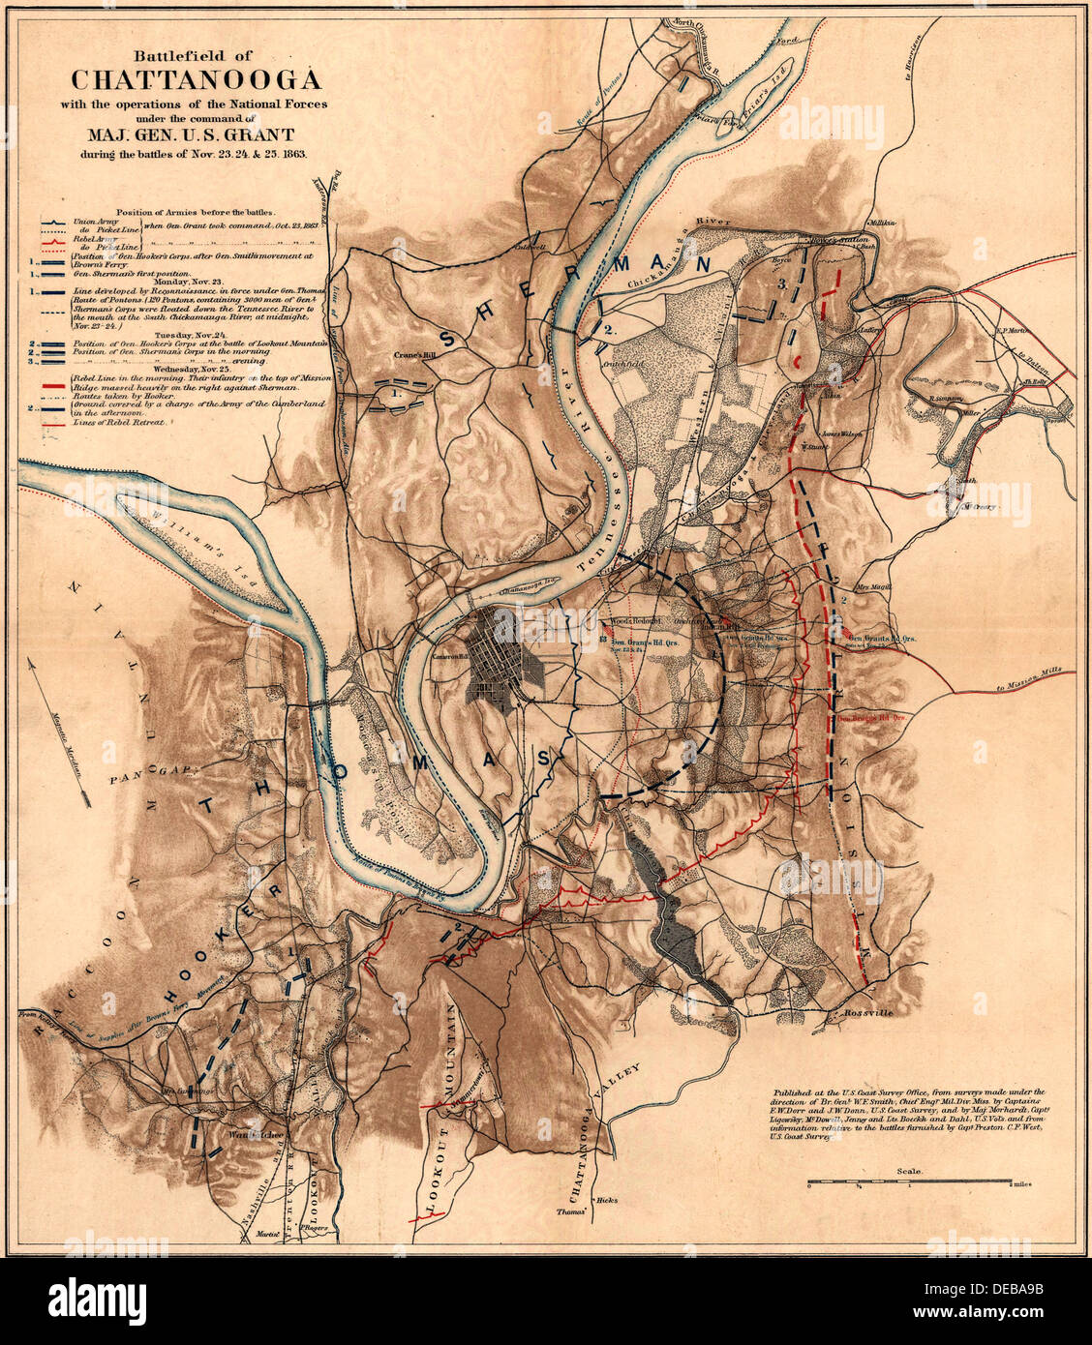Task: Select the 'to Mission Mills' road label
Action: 1033,684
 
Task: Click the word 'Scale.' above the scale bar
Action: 908,1171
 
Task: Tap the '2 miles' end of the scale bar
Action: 1022,1184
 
